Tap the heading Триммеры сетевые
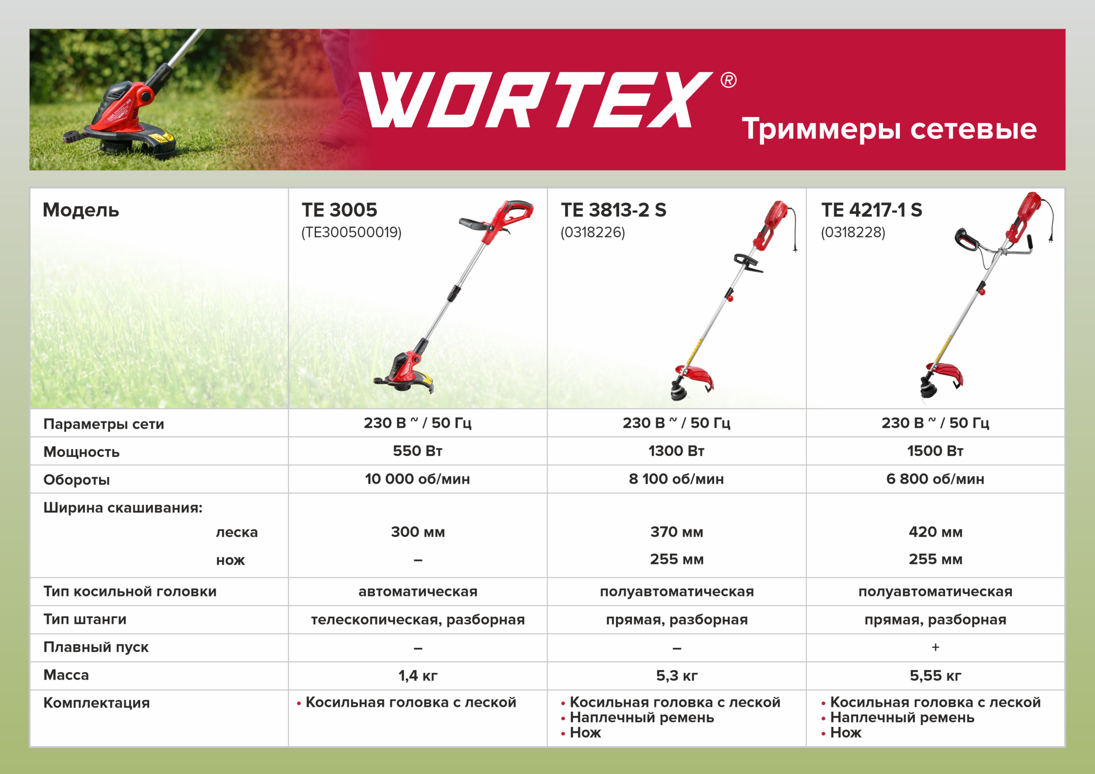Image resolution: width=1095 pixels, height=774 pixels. point(889,129)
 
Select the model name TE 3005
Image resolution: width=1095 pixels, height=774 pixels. point(339,210)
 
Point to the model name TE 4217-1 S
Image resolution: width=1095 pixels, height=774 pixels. point(871,210)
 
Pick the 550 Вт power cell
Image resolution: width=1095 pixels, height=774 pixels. point(417,451)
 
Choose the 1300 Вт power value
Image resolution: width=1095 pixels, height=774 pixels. point(676,451)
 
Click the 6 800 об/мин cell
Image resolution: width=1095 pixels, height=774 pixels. point(935,479)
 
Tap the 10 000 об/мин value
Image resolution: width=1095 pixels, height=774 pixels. point(417,479)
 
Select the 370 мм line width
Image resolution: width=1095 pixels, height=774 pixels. point(677,532)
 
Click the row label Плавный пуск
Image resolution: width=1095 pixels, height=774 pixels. point(96,647)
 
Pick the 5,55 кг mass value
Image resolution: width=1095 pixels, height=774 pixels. point(935,675)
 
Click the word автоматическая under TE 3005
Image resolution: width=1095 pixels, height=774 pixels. point(418,591)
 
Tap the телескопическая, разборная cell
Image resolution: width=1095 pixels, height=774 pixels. point(418,620)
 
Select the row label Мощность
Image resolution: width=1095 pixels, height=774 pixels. point(81,452)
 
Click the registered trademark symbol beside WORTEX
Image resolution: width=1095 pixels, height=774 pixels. point(728,80)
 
